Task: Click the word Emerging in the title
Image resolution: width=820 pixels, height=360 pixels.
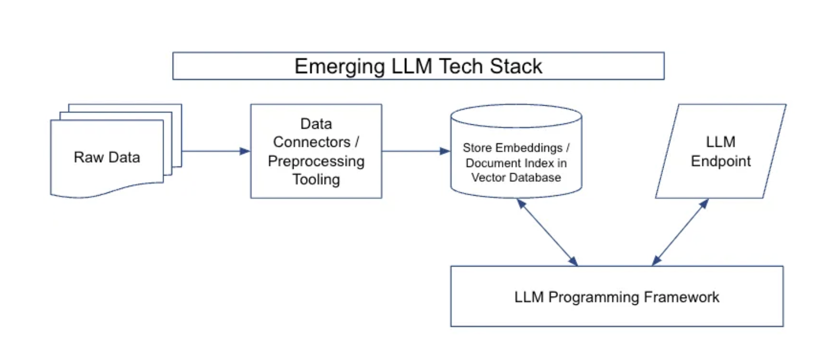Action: tap(340, 67)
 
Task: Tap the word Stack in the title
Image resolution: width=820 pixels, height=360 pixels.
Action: tap(516, 66)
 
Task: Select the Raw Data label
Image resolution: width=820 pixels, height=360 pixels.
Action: tap(107, 157)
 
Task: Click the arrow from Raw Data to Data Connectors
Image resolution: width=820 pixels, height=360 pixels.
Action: tap(216, 151)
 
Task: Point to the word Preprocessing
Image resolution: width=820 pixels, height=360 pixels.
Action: tap(316, 161)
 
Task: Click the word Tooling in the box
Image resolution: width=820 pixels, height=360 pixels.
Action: tap(316, 180)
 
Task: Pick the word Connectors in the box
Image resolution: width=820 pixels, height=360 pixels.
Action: tap(312, 142)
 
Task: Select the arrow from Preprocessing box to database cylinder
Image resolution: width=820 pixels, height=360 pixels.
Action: tap(416, 151)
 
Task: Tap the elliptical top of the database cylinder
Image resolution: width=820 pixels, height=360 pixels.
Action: tap(516, 116)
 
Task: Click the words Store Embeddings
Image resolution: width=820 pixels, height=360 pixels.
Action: tap(512, 147)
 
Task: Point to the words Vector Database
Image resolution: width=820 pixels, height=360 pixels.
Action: tap(516, 177)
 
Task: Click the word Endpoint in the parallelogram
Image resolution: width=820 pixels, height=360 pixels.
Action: tap(720, 161)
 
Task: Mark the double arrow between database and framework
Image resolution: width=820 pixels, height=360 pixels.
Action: tap(547, 232)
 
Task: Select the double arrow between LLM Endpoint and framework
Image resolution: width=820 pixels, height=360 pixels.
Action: tap(681, 232)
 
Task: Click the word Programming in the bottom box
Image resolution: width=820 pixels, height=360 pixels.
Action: tap(593, 298)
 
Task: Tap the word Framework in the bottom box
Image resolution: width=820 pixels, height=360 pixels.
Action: tap(681, 297)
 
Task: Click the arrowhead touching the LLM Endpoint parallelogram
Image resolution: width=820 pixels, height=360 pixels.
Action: tap(705, 204)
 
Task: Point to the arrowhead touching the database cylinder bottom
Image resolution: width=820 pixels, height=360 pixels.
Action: tap(521, 203)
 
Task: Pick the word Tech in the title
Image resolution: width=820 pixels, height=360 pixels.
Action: tap(461, 66)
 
